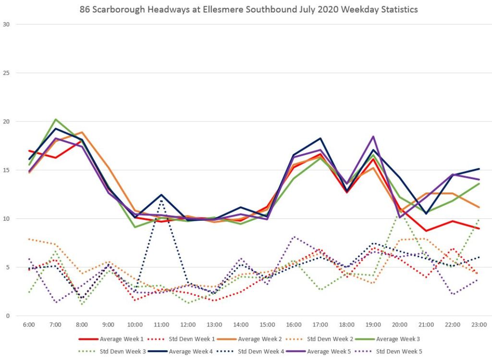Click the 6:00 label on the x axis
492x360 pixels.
click(29, 325)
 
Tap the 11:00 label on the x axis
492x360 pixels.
click(161, 325)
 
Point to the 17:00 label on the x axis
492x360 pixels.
click(320, 325)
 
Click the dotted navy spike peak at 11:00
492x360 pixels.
click(161, 200)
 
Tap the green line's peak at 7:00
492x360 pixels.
click(55, 119)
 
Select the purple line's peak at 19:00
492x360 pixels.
click(373, 136)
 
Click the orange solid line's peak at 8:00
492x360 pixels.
click(82, 132)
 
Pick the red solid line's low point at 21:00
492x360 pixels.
click(426, 231)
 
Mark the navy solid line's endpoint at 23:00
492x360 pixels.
click(480, 169)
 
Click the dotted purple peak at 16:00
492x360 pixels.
click(294, 237)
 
